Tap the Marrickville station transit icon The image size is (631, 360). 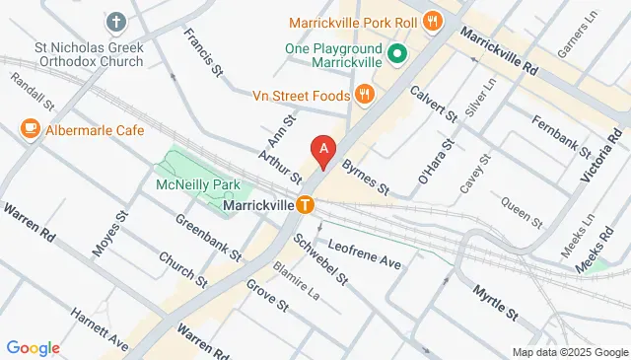(307, 205)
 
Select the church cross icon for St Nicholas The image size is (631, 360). (116, 21)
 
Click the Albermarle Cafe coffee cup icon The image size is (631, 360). (29, 129)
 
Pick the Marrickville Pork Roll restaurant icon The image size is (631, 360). (431, 21)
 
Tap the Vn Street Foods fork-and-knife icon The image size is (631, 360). (364, 94)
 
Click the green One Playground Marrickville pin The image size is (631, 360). (397, 54)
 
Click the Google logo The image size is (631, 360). (33, 347)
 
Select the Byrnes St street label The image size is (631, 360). (367, 179)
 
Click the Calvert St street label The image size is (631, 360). (437, 102)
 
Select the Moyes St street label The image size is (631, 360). (109, 234)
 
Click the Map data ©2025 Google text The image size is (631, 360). (570, 352)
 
